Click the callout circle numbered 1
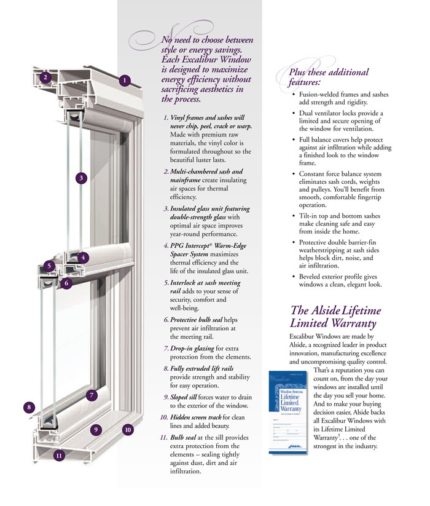tap(124, 80)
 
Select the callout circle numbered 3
tap(81, 178)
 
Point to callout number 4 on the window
tap(84, 257)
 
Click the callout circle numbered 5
tap(49, 266)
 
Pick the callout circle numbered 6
tap(66, 283)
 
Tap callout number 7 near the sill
tap(91, 395)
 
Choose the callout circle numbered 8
tap(28, 406)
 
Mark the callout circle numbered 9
tap(96, 430)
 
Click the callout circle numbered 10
tap(128, 430)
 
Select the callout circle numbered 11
tap(58, 456)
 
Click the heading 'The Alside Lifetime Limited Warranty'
tap(335, 317)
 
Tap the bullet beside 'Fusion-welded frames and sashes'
tap(294, 95)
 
